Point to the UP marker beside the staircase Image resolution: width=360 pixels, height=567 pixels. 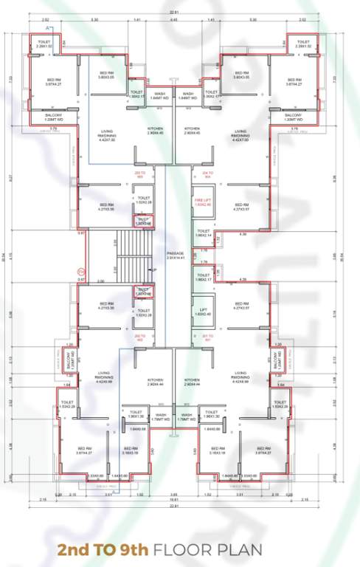point(153,270)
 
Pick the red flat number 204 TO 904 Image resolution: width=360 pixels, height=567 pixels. point(207,174)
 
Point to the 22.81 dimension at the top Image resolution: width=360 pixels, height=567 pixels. point(173,11)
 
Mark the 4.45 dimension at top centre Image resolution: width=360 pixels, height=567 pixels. point(173,20)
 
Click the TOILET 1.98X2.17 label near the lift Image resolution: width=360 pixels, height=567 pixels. point(204,278)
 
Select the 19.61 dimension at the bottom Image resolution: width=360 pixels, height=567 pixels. point(173,498)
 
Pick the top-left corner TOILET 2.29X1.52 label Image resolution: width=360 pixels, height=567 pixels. point(46,44)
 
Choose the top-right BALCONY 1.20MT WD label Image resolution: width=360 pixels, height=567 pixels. point(294,117)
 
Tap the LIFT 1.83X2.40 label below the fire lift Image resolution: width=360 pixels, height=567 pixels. point(204,312)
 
